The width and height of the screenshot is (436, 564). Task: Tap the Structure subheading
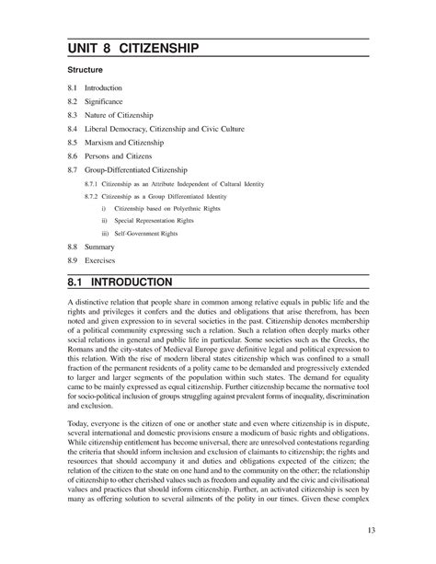pyautogui.click(x=85, y=70)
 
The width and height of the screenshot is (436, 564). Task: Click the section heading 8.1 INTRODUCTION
pyautogui.click(x=129, y=281)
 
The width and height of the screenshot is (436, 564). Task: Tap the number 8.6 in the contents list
pyautogui.click(x=74, y=155)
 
